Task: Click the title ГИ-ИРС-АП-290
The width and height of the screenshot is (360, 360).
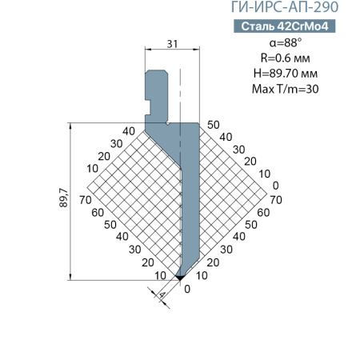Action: coord(285,7)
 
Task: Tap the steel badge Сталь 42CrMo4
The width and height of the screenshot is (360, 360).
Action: coord(285,26)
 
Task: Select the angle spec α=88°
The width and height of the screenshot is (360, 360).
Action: coord(286,42)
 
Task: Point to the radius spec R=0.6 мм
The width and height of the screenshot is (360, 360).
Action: coord(286,58)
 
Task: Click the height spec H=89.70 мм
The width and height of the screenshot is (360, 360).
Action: coord(286,74)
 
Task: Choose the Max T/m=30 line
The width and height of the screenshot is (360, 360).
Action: coord(286,89)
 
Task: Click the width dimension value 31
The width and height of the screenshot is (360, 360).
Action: coord(172,44)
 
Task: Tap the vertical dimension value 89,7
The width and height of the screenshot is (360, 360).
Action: coord(64,198)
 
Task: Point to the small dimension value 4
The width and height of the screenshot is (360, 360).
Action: coord(162,295)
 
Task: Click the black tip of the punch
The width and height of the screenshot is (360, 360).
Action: coord(180,278)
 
